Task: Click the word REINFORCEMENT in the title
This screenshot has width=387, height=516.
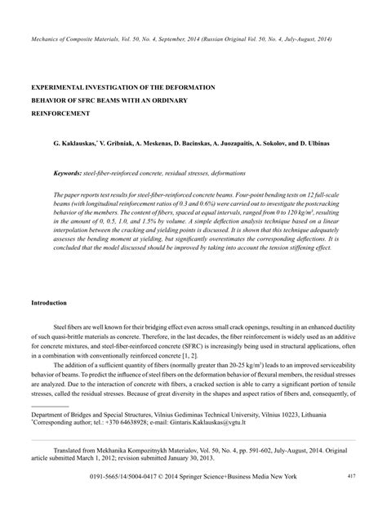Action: click(60, 113)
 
